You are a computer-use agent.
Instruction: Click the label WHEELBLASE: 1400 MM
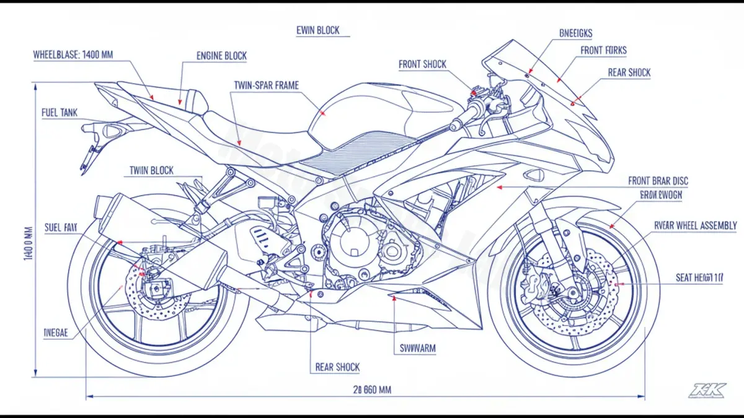coord(73,54)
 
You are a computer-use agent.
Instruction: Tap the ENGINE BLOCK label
coord(221,56)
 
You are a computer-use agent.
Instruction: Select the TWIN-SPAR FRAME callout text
coord(267,85)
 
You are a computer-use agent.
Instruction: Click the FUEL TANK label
coord(60,113)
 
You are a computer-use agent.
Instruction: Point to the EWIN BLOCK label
coord(319,30)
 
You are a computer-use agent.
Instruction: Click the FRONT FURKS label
coord(604,51)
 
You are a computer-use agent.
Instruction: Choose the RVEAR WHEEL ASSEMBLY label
coord(696,225)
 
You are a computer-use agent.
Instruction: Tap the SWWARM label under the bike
coord(415,349)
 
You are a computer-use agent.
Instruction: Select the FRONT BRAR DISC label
coord(658,181)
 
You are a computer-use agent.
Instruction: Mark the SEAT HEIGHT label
coord(699,279)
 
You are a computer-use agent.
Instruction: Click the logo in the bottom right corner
coord(706,390)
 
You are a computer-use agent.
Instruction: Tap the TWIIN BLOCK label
coord(151,170)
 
